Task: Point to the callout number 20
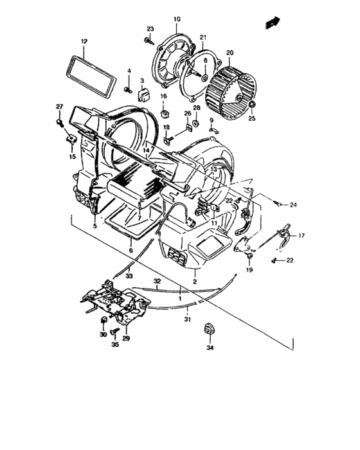coord(230,53)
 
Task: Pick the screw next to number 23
coord(149,41)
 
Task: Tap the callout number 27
coord(59,106)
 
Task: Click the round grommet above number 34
coord(208,329)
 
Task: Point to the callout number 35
coord(116,345)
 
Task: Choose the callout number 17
coord(301,235)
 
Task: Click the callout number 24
coord(292,205)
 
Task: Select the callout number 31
coord(187,319)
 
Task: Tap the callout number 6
coord(130,251)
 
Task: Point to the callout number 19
coord(249,271)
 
